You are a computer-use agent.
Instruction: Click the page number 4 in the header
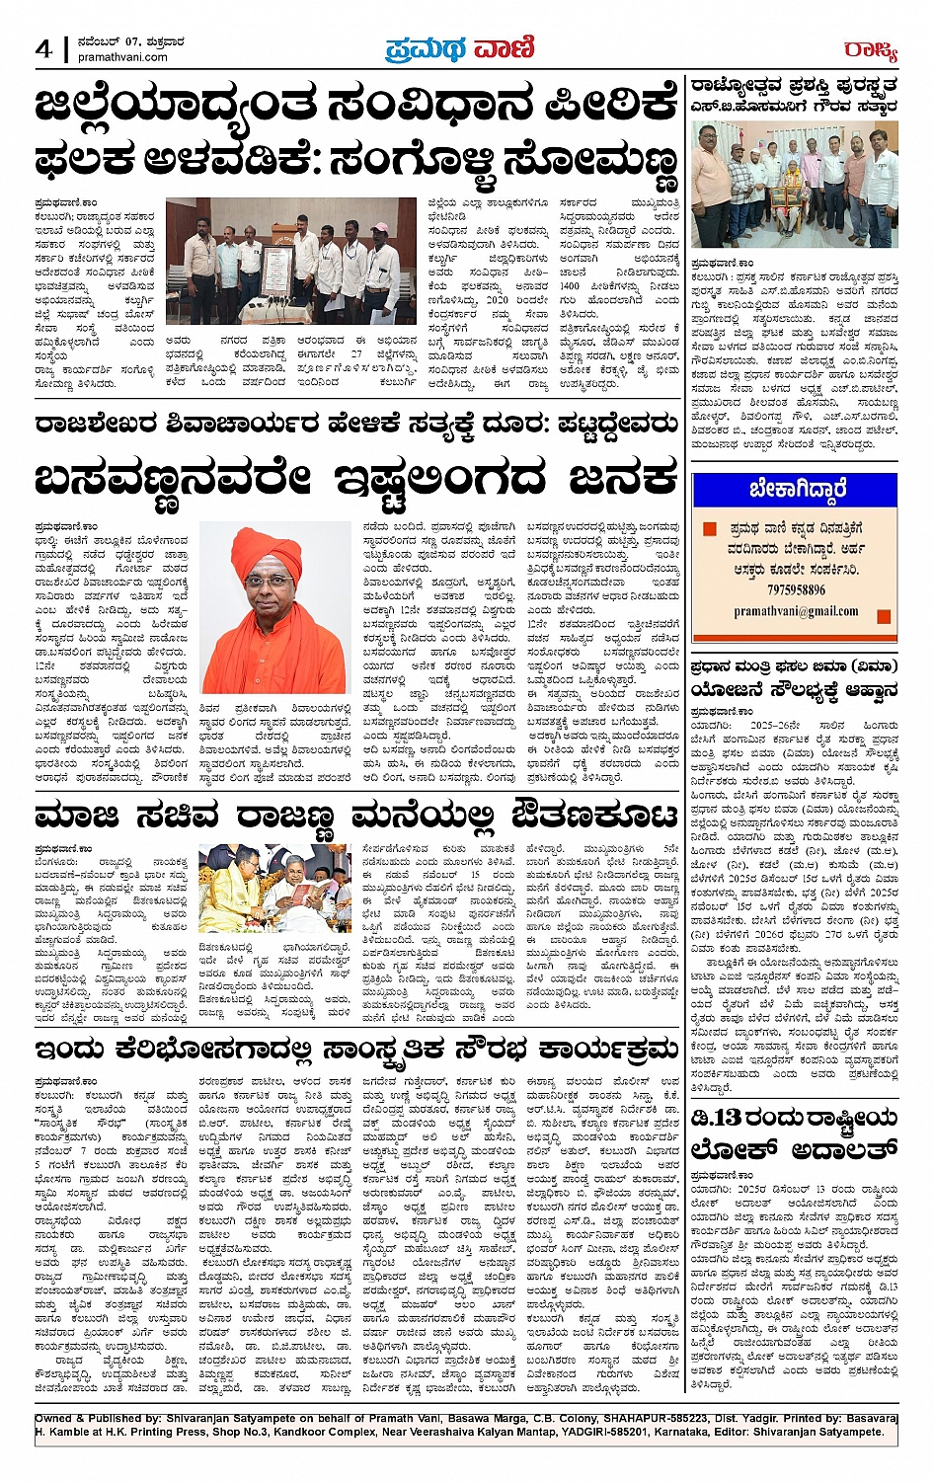click(43, 48)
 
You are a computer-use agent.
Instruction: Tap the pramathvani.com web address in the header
click(122, 57)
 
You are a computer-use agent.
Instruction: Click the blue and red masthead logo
click(459, 47)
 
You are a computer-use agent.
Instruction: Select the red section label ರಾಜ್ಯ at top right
click(870, 49)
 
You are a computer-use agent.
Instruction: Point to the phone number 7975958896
click(796, 590)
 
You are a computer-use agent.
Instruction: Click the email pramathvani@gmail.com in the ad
click(796, 611)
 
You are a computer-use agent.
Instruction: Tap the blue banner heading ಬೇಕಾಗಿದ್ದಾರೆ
click(796, 490)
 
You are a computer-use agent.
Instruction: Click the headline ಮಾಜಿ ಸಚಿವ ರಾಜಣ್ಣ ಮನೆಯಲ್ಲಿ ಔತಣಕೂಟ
click(355, 818)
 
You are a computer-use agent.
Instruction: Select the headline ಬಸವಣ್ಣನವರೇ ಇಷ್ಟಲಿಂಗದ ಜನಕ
click(355, 481)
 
